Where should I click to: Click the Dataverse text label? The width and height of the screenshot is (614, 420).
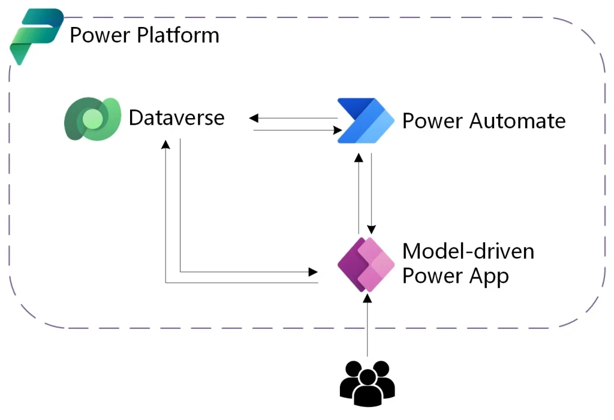[x=176, y=117]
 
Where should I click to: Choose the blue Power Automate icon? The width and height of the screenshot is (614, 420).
[x=365, y=120]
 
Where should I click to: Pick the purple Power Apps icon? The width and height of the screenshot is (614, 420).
[x=366, y=264]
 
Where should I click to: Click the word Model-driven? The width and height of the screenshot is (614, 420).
[x=468, y=250]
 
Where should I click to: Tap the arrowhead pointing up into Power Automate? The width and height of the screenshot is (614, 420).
[x=359, y=157]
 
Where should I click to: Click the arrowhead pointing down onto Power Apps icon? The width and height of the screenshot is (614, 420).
[x=372, y=229]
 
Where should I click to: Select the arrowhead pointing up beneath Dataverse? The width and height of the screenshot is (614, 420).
[x=166, y=144]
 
